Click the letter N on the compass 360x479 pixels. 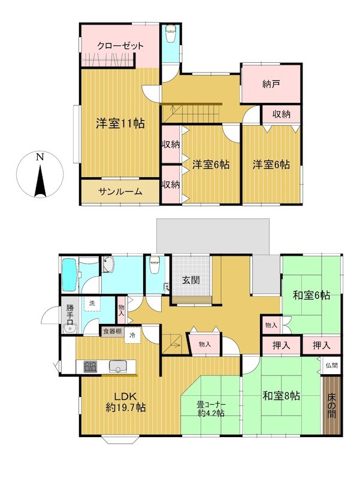[40, 157]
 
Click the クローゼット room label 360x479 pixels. [120, 46]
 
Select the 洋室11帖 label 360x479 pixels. [120, 123]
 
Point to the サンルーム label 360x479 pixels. [120, 192]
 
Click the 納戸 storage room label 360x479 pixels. [271, 84]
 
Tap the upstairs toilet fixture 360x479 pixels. [170, 34]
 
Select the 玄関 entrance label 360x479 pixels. [191, 280]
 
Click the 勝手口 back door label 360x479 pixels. [70, 314]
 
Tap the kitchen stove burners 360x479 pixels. [90, 366]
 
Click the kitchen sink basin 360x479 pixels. [117, 366]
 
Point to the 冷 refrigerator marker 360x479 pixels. [132, 335]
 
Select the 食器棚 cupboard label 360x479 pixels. [112, 332]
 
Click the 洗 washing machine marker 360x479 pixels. [92, 304]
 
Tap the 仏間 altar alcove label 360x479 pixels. [332, 365]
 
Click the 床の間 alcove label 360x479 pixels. [332, 406]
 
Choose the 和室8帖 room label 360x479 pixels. [282, 396]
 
